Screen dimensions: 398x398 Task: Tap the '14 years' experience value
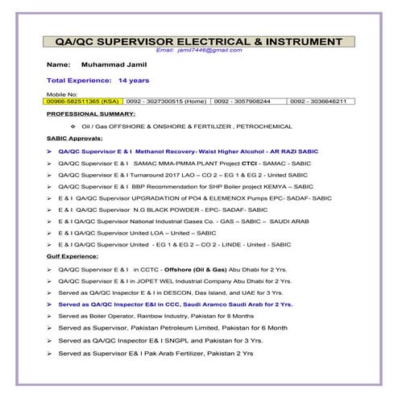click(x=134, y=81)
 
